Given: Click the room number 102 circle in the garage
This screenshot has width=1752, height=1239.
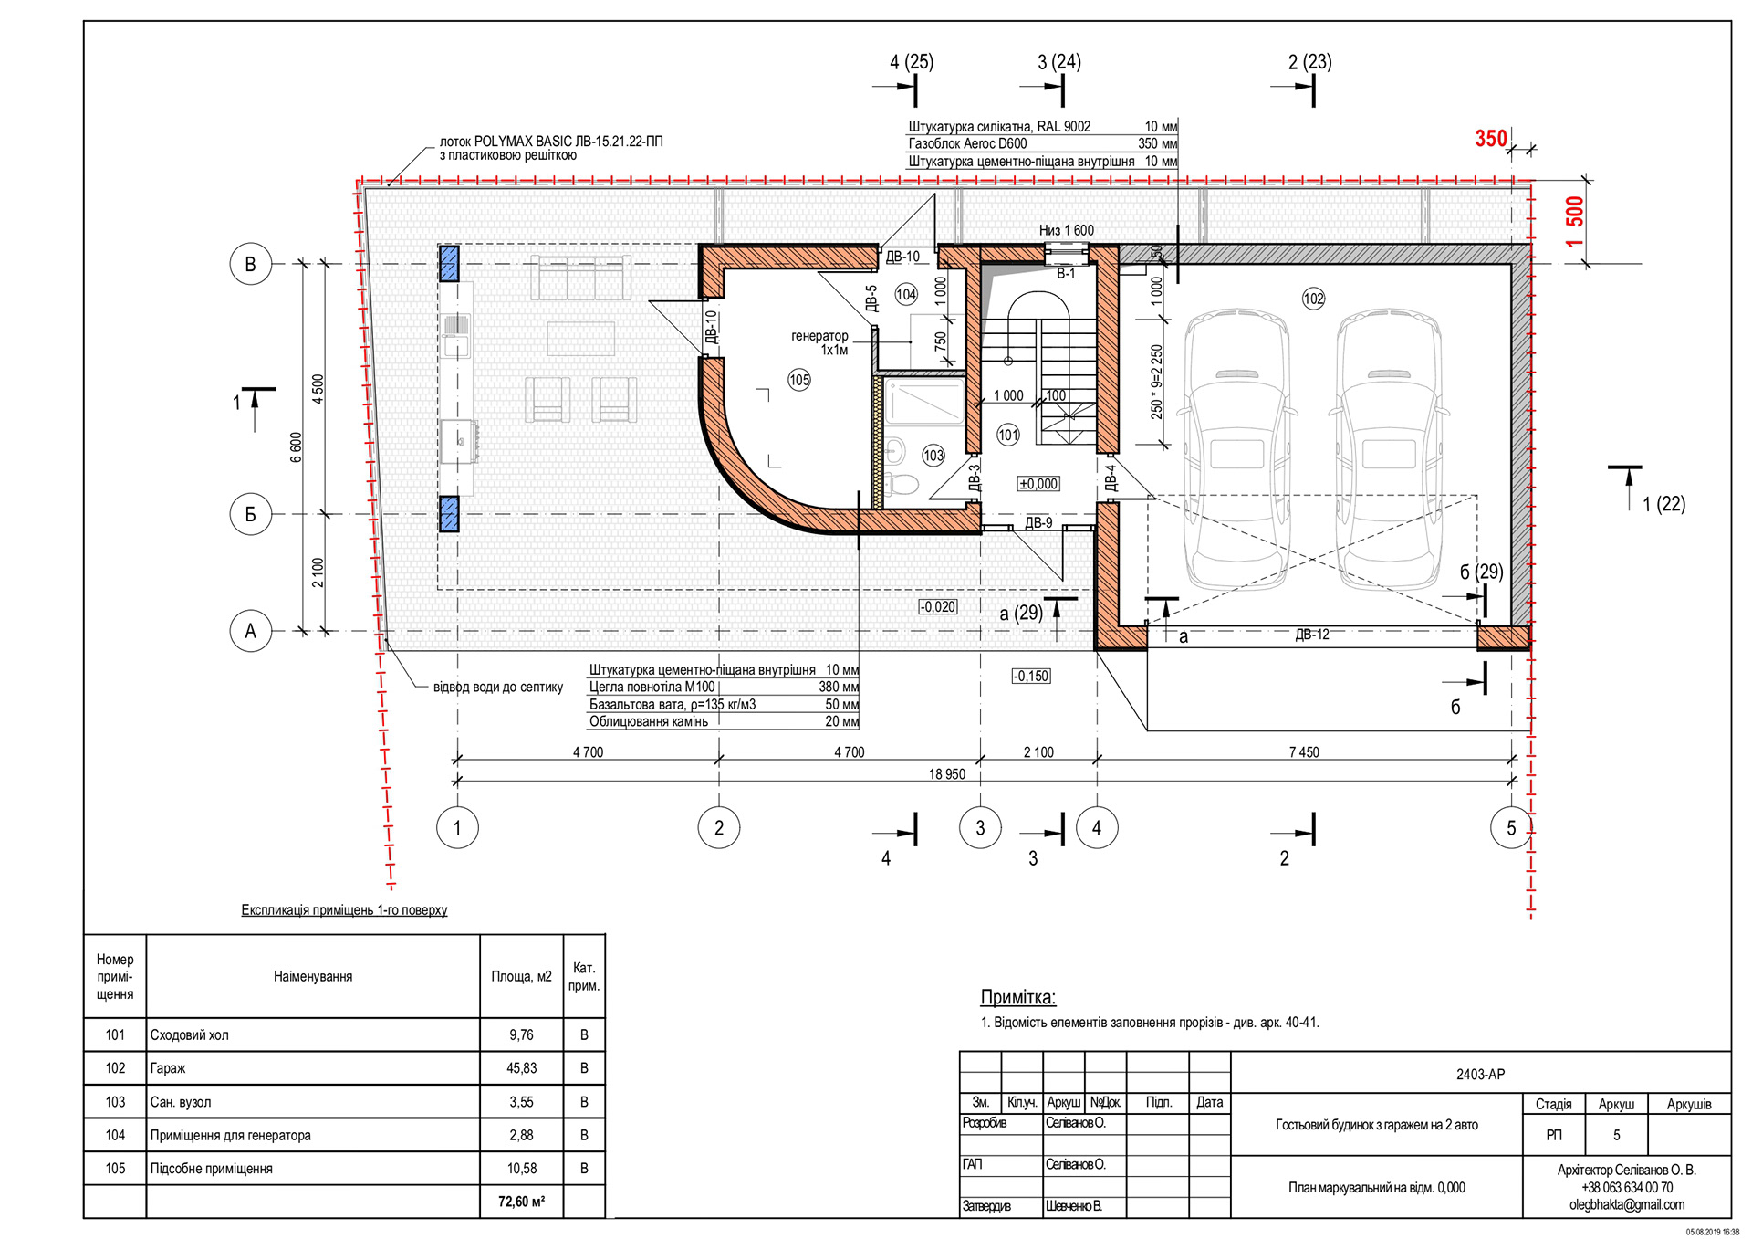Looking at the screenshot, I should (x=1313, y=299).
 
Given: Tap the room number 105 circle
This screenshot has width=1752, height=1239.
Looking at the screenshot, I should (x=799, y=380).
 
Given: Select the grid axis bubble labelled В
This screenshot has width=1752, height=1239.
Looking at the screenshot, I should (x=250, y=265).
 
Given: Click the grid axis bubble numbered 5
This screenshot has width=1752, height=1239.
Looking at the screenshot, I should (x=1511, y=828).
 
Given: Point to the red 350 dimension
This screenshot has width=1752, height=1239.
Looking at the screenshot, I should (x=1491, y=139).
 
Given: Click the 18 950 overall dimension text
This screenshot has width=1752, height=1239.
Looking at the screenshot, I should (x=947, y=774).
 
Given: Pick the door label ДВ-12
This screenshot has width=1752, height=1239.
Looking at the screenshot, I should (x=1312, y=635).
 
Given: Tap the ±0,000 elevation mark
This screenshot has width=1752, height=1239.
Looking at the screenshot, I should (x=1038, y=484).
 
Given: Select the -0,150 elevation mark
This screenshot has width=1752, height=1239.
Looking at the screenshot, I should (x=1031, y=677).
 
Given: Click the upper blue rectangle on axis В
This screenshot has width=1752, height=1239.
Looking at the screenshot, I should (x=449, y=263).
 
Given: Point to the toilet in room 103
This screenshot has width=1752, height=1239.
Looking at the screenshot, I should (x=902, y=484).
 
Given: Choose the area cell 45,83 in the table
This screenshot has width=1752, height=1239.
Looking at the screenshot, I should (x=521, y=1068).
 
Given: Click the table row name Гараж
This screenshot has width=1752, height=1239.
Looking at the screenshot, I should (x=168, y=1068).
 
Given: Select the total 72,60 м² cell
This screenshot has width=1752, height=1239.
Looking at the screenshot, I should (x=521, y=1202).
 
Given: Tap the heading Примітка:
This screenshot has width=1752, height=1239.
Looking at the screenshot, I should (x=1017, y=997).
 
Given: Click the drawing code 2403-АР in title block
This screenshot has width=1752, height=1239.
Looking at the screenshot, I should (x=1480, y=1075).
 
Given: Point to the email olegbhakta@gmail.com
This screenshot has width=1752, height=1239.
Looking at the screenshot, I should (x=1626, y=1204).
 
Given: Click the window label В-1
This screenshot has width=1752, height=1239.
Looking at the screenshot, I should (x=1066, y=273).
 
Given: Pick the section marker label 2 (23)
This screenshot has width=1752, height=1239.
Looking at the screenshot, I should (x=1309, y=62).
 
